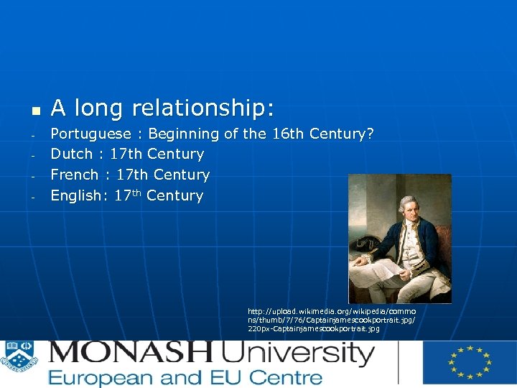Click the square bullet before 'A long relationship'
pyautogui.click(x=33, y=111)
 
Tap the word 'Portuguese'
pyautogui.click(x=90, y=134)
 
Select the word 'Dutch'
pyautogui.click(x=71, y=154)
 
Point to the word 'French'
pyautogui.click(x=75, y=175)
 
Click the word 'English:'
pyautogui.click(x=76, y=195)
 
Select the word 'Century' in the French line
pyautogui.click(x=182, y=175)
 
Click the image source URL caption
pyautogui.click(x=331, y=320)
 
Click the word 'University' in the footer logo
pyautogui.click(x=297, y=354)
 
